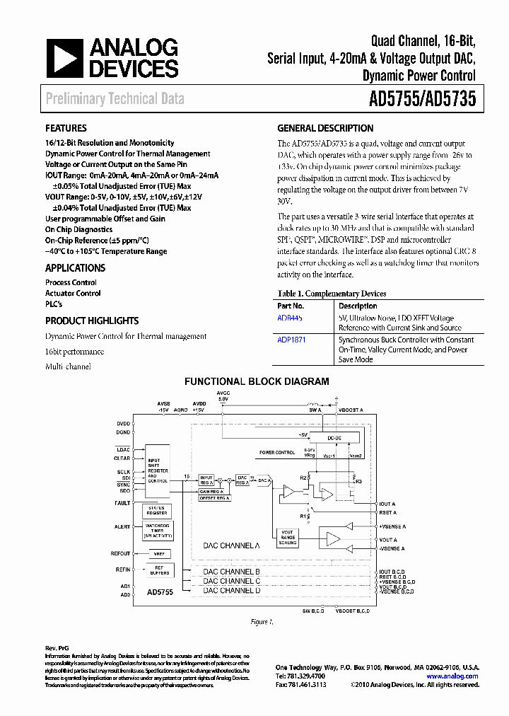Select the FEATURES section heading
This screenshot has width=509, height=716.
(66, 129)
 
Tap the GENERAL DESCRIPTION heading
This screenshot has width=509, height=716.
(325, 129)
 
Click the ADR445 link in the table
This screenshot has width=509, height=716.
(289, 318)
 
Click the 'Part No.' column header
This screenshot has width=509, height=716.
(291, 306)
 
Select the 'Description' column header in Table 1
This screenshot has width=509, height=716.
(358, 306)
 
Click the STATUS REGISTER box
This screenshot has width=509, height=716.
(157, 510)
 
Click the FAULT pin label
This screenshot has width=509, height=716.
(123, 503)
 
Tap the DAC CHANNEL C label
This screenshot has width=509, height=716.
(231, 581)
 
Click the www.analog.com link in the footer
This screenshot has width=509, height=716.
(452, 676)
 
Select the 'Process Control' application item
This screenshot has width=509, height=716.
(71, 282)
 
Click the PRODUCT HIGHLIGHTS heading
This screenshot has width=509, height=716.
(92, 321)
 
